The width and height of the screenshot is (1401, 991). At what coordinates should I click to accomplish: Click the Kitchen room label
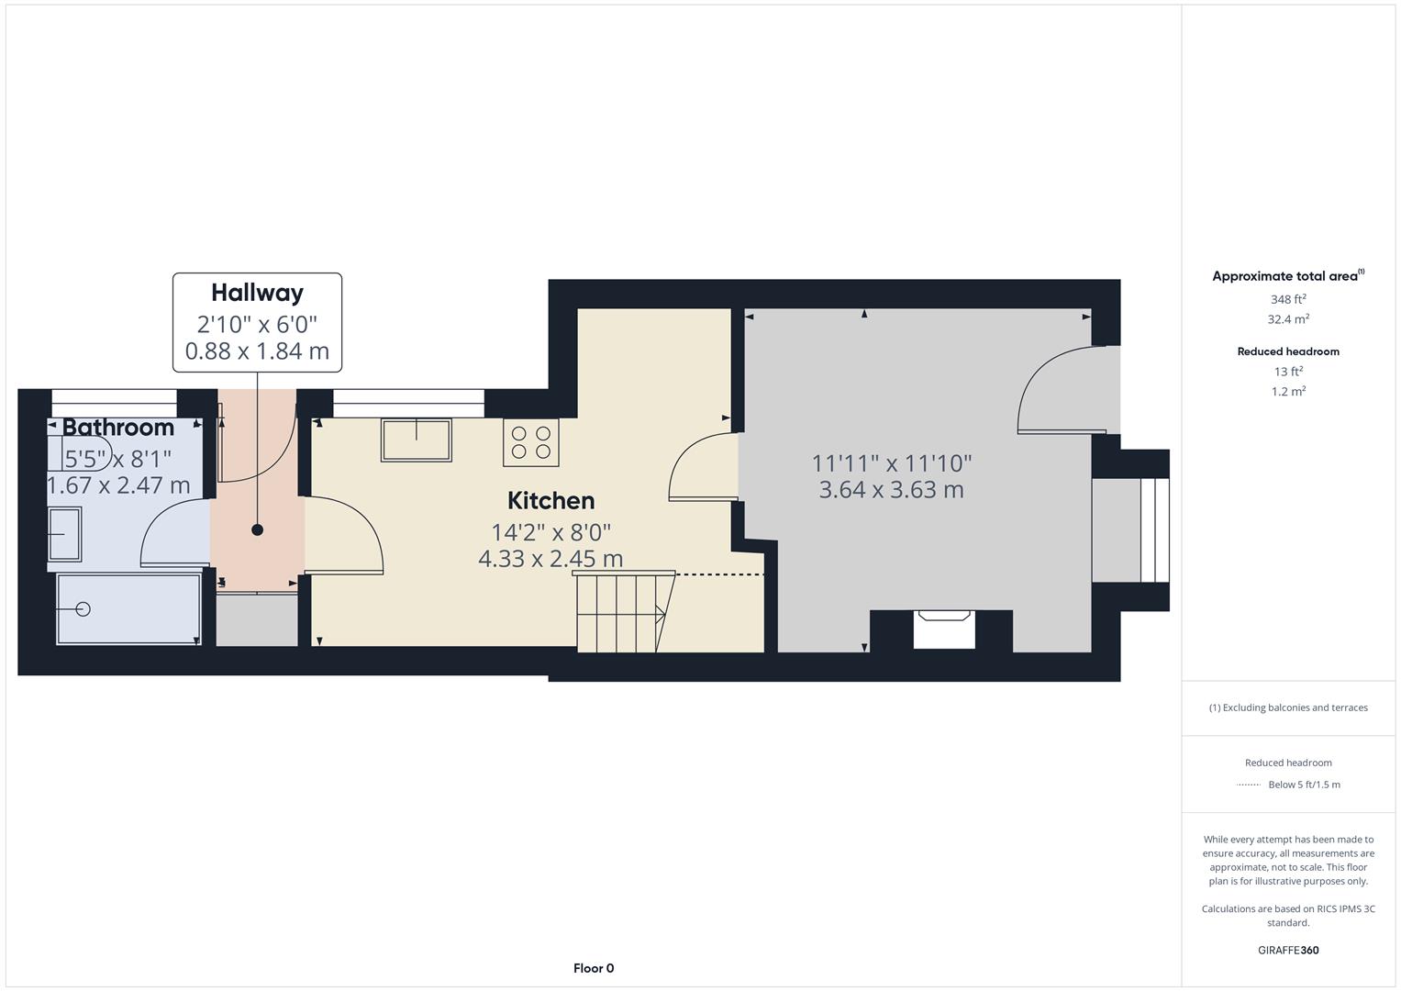coord(550,500)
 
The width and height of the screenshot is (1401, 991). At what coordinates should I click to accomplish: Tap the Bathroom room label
coord(118,428)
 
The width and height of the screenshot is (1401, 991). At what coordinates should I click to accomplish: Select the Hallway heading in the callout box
coord(257,293)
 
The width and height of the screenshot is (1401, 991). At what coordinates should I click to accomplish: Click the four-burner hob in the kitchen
coord(530,442)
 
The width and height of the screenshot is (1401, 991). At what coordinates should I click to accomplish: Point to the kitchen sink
coord(417,440)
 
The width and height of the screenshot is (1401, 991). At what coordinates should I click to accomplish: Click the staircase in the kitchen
coord(620,612)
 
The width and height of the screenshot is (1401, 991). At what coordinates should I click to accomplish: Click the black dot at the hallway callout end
coord(258,529)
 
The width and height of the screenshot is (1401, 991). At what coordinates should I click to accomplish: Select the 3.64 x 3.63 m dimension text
coord(891,490)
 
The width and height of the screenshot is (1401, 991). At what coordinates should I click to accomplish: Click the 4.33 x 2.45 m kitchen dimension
coord(550,559)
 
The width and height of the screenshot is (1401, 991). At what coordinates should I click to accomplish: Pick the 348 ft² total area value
coord(1288,299)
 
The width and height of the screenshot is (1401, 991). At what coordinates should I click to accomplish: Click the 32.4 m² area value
coord(1288,319)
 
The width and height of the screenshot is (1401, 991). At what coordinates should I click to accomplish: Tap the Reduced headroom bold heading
coord(1288,351)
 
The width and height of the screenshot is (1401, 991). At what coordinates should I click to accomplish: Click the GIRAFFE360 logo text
coord(1288,951)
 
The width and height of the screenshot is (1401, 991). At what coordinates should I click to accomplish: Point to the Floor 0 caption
coord(594,968)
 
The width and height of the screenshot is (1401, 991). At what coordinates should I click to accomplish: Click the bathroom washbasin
coord(64,534)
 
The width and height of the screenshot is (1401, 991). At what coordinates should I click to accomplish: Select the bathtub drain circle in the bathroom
coord(85,608)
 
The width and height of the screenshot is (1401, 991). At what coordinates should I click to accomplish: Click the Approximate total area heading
coord(1286,276)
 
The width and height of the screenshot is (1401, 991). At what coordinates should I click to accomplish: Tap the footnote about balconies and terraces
coord(1288,707)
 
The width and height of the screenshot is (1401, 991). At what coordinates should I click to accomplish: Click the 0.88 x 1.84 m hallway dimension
coord(257,351)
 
